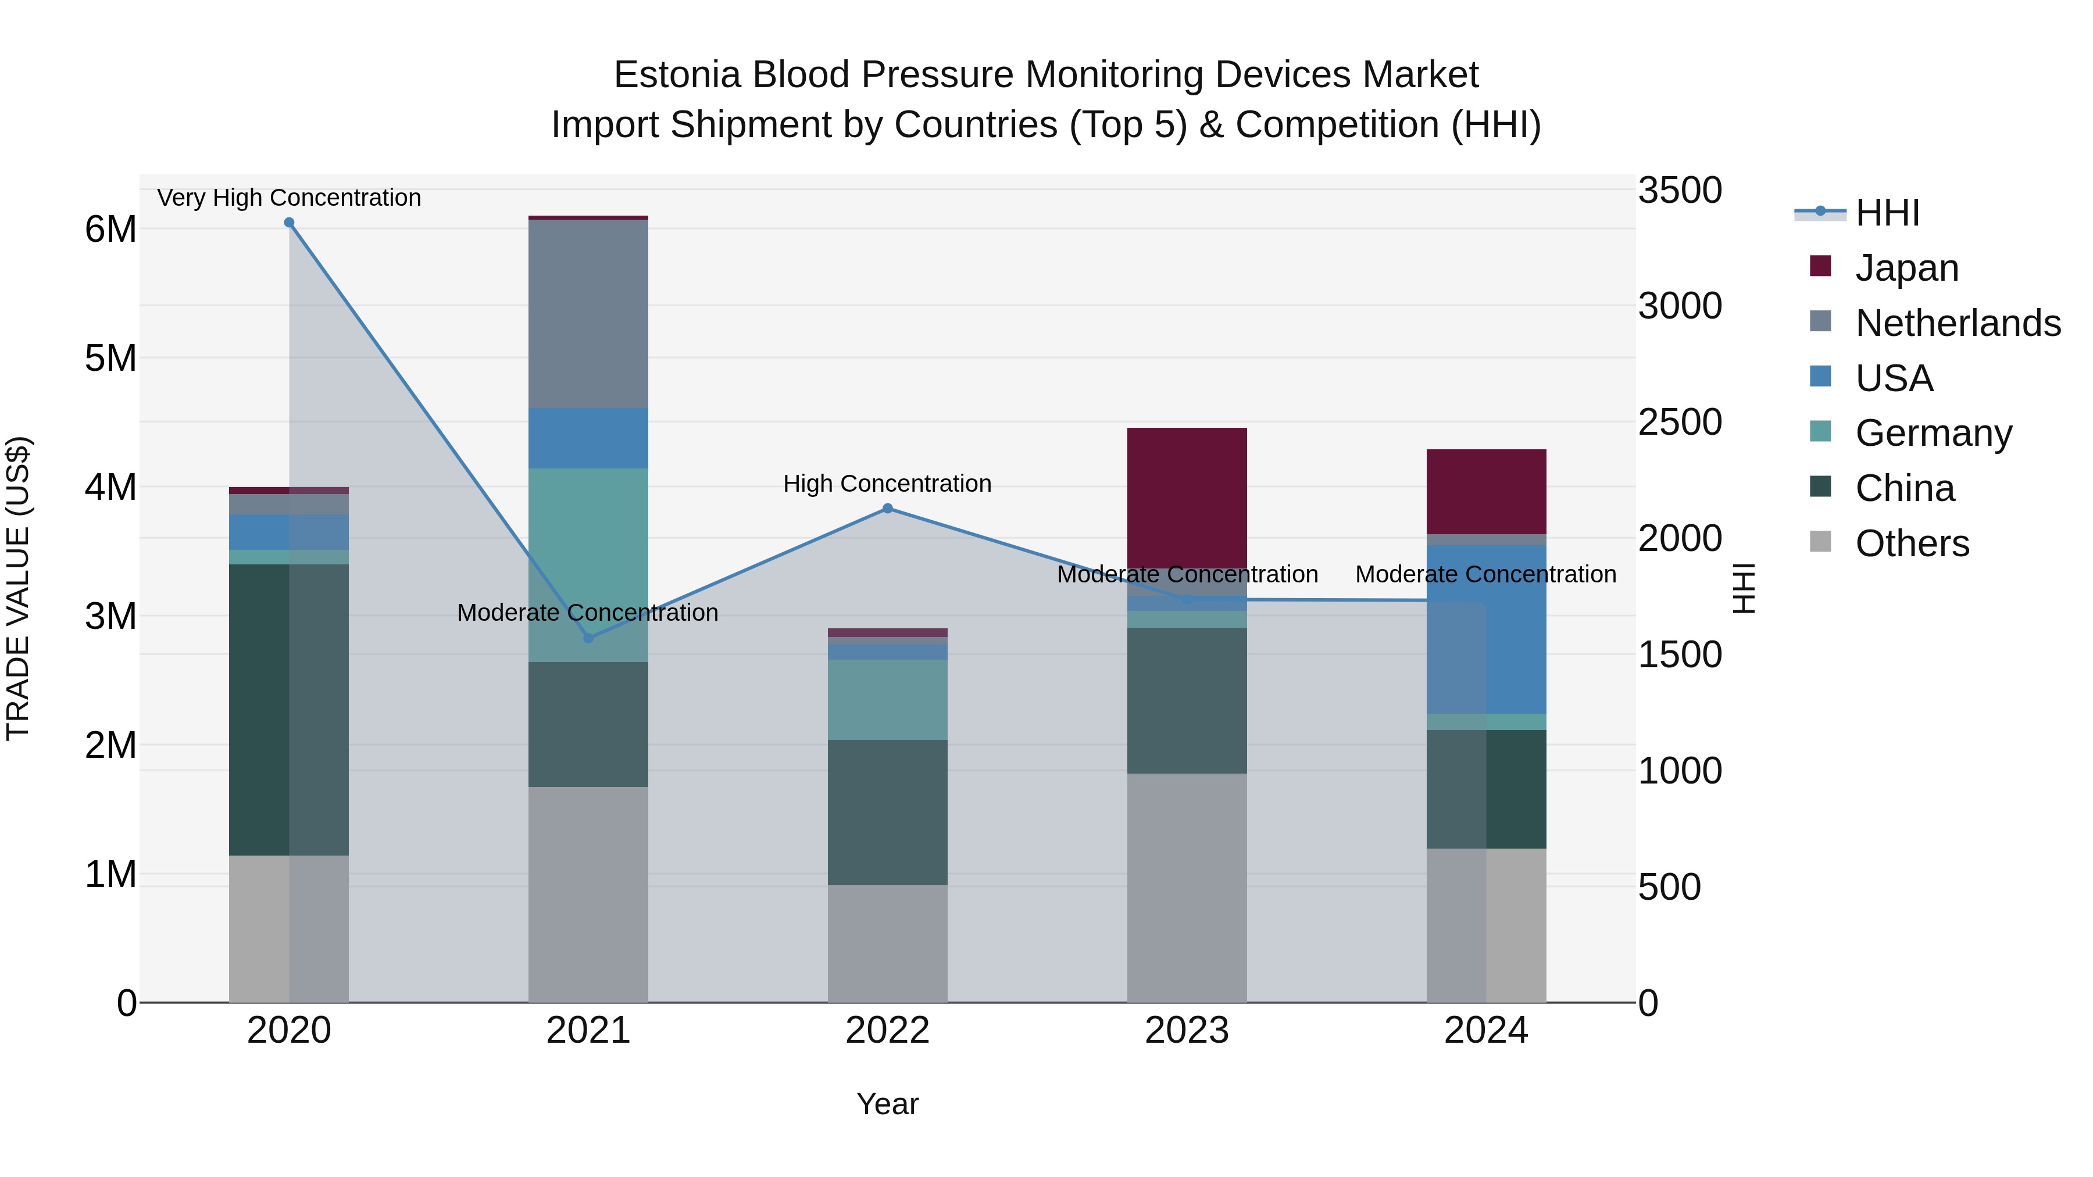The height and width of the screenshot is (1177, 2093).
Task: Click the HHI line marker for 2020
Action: (x=290, y=223)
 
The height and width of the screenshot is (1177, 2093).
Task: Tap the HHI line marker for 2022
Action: (x=887, y=509)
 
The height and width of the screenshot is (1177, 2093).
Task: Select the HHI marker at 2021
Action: (x=589, y=638)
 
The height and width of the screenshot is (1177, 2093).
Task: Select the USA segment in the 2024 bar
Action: (x=1486, y=629)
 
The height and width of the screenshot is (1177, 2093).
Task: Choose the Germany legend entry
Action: (x=1932, y=433)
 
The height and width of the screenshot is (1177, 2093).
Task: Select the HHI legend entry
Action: (x=1887, y=213)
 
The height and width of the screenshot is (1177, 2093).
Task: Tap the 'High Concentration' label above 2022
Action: (x=887, y=484)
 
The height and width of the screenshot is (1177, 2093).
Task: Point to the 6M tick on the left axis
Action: (x=110, y=229)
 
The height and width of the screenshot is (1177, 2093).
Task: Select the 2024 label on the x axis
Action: (x=1486, y=1031)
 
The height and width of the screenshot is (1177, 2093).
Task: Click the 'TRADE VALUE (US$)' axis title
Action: (x=18, y=588)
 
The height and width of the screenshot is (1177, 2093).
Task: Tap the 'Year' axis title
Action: (x=887, y=1104)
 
